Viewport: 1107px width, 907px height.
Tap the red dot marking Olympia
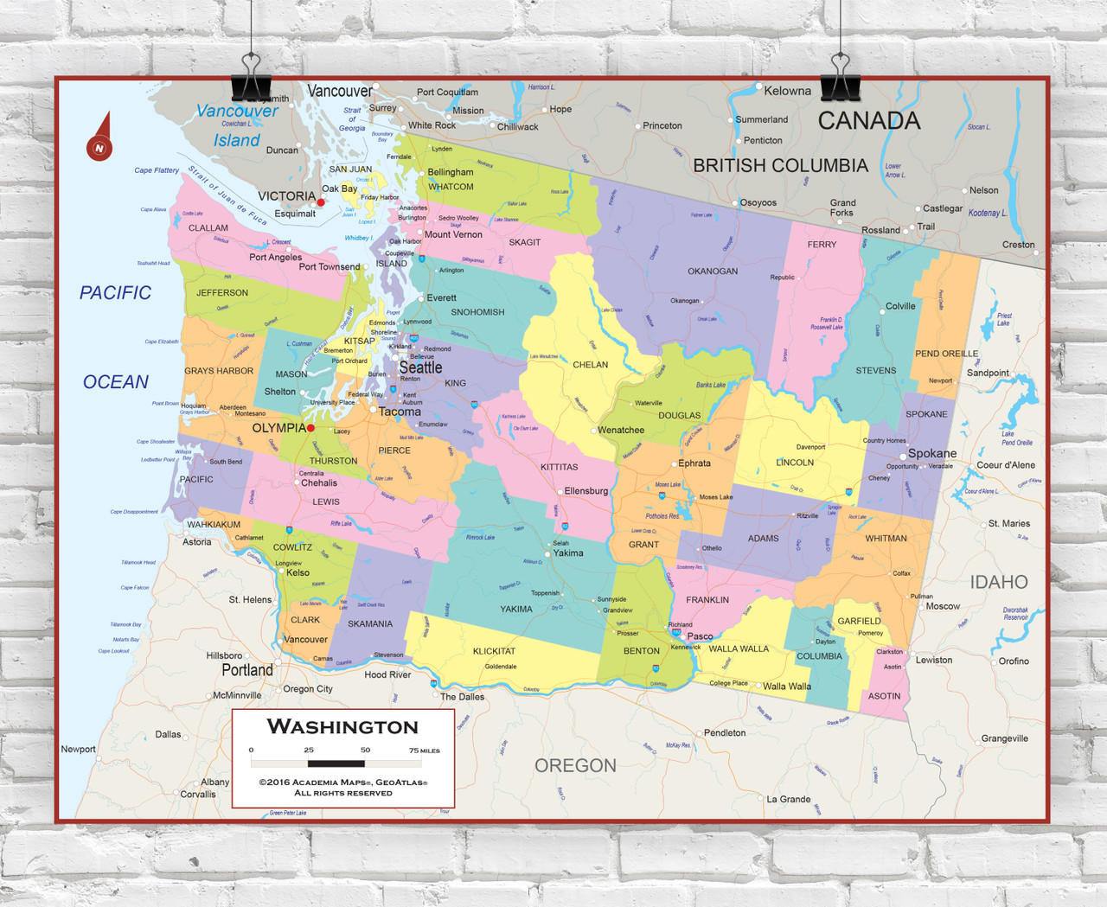click(310, 428)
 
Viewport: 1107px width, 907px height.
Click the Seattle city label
click(420, 367)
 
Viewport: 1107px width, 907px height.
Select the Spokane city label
click(931, 453)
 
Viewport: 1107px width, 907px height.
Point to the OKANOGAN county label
click(713, 271)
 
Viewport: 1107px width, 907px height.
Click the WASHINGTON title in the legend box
click(342, 727)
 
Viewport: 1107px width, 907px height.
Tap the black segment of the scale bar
click(336, 763)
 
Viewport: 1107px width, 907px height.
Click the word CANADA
click(869, 121)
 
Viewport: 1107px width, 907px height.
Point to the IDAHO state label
click(998, 582)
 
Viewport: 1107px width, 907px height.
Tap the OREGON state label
click(575, 765)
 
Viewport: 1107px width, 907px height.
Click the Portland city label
click(247, 670)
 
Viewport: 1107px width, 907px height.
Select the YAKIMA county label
click(516, 609)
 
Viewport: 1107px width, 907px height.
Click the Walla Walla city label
click(787, 687)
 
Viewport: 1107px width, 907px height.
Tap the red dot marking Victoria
click(321, 202)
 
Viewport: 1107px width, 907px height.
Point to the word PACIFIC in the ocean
click(115, 293)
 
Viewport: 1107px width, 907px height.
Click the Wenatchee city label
click(621, 430)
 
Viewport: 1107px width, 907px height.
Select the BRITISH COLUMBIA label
click(780, 165)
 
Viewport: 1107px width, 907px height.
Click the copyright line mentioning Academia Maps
click(343, 782)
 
